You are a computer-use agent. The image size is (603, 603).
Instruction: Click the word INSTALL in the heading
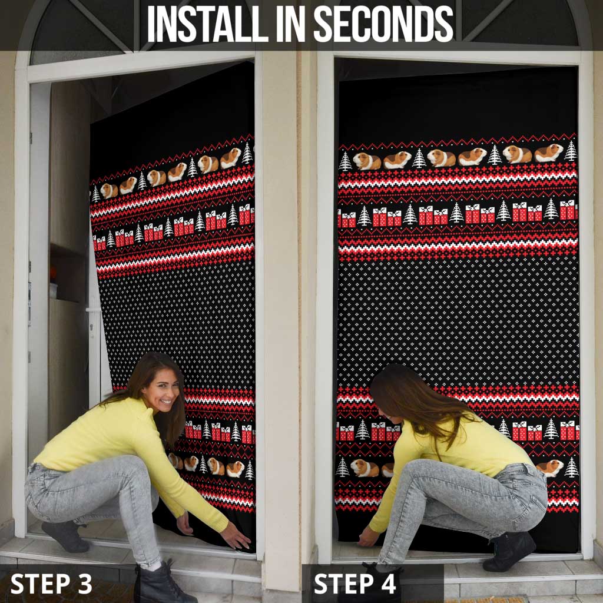[208, 24]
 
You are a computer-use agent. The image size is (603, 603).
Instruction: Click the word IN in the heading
[291, 24]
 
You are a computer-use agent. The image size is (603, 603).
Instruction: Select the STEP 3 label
[51, 584]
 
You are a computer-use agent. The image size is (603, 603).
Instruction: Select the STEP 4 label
[354, 584]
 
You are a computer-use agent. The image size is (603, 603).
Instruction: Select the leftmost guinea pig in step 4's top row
[367, 161]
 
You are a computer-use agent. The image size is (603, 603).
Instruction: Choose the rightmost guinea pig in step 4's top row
[549, 153]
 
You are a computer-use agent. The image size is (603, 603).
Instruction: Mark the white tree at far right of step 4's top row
[571, 151]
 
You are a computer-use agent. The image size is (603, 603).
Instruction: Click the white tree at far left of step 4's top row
[345, 161]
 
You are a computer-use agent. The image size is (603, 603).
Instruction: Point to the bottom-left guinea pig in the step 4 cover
[364, 468]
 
